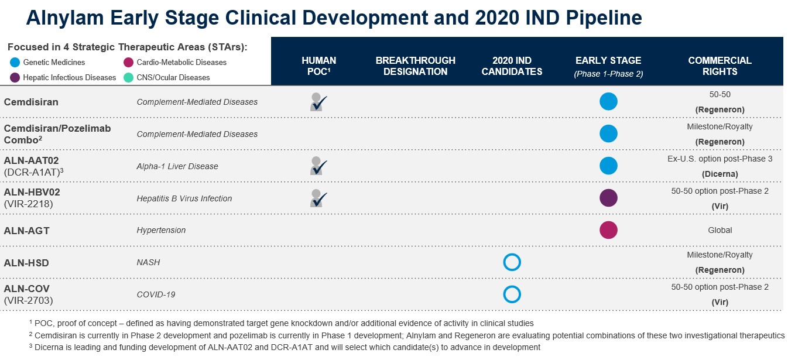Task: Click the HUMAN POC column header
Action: click(x=318, y=66)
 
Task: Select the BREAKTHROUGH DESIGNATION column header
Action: click(x=415, y=66)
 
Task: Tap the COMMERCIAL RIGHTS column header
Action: click(x=720, y=66)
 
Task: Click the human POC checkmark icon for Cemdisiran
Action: click(x=318, y=102)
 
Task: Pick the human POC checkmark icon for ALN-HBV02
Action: click(x=318, y=198)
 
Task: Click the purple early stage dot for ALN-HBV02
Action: click(x=608, y=198)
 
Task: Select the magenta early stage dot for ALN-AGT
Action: click(x=608, y=230)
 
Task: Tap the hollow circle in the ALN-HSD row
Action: click(x=512, y=262)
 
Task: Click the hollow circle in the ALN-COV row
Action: click(x=512, y=294)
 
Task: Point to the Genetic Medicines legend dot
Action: click(x=15, y=62)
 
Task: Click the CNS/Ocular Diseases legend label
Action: click(x=173, y=77)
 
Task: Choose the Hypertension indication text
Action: click(x=161, y=230)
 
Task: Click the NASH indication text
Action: click(x=148, y=262)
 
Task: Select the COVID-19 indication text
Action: click(x=156, y=294)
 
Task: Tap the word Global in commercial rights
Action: click(x=720, y=230)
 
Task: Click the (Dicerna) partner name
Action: click(x=720, y=174)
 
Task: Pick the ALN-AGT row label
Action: click(x=27, y=231)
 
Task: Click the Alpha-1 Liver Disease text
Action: click(x=177, y=166)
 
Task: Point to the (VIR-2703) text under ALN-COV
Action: click(x=28, y=300)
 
